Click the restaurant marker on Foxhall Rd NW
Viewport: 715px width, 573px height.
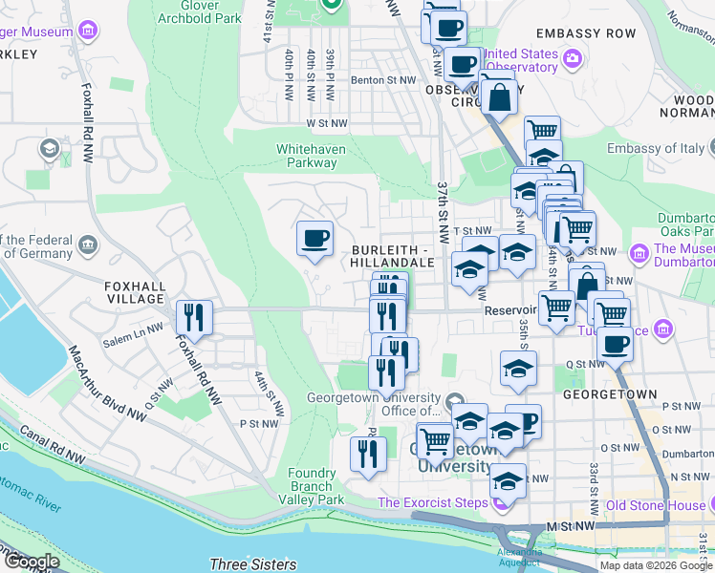(193, 318)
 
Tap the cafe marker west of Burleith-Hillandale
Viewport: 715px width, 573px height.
(314, 239)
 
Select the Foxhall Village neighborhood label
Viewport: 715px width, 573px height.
(136, 292)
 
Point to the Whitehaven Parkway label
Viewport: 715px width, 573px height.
(307, 156)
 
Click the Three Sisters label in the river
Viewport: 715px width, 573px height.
(252, 564)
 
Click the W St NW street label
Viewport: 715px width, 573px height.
(327, 123)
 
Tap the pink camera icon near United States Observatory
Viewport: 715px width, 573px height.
(572, 58)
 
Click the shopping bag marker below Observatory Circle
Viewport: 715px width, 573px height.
(499, 96)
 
